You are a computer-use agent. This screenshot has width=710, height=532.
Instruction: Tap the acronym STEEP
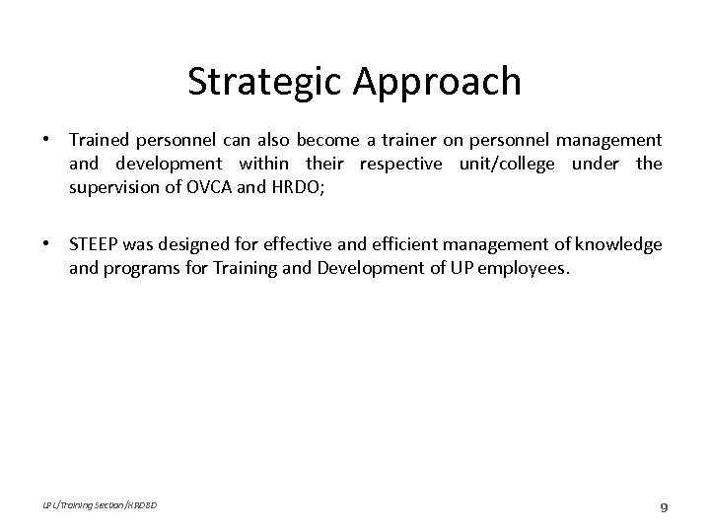pyautogui.click(x=94, y=244)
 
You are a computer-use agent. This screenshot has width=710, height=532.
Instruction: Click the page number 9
pyautogui.click(x=664, y=507)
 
